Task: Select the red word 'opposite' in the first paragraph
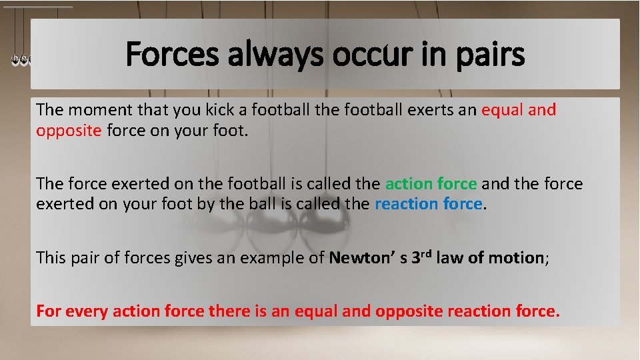coord(69,131)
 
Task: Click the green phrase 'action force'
coord(431,183)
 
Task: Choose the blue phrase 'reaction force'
coord(428,204)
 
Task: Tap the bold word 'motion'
coord(515,257)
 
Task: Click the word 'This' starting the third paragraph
coord(51,257)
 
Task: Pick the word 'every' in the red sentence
coord(83,311)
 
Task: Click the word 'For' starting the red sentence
coord(48,311)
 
